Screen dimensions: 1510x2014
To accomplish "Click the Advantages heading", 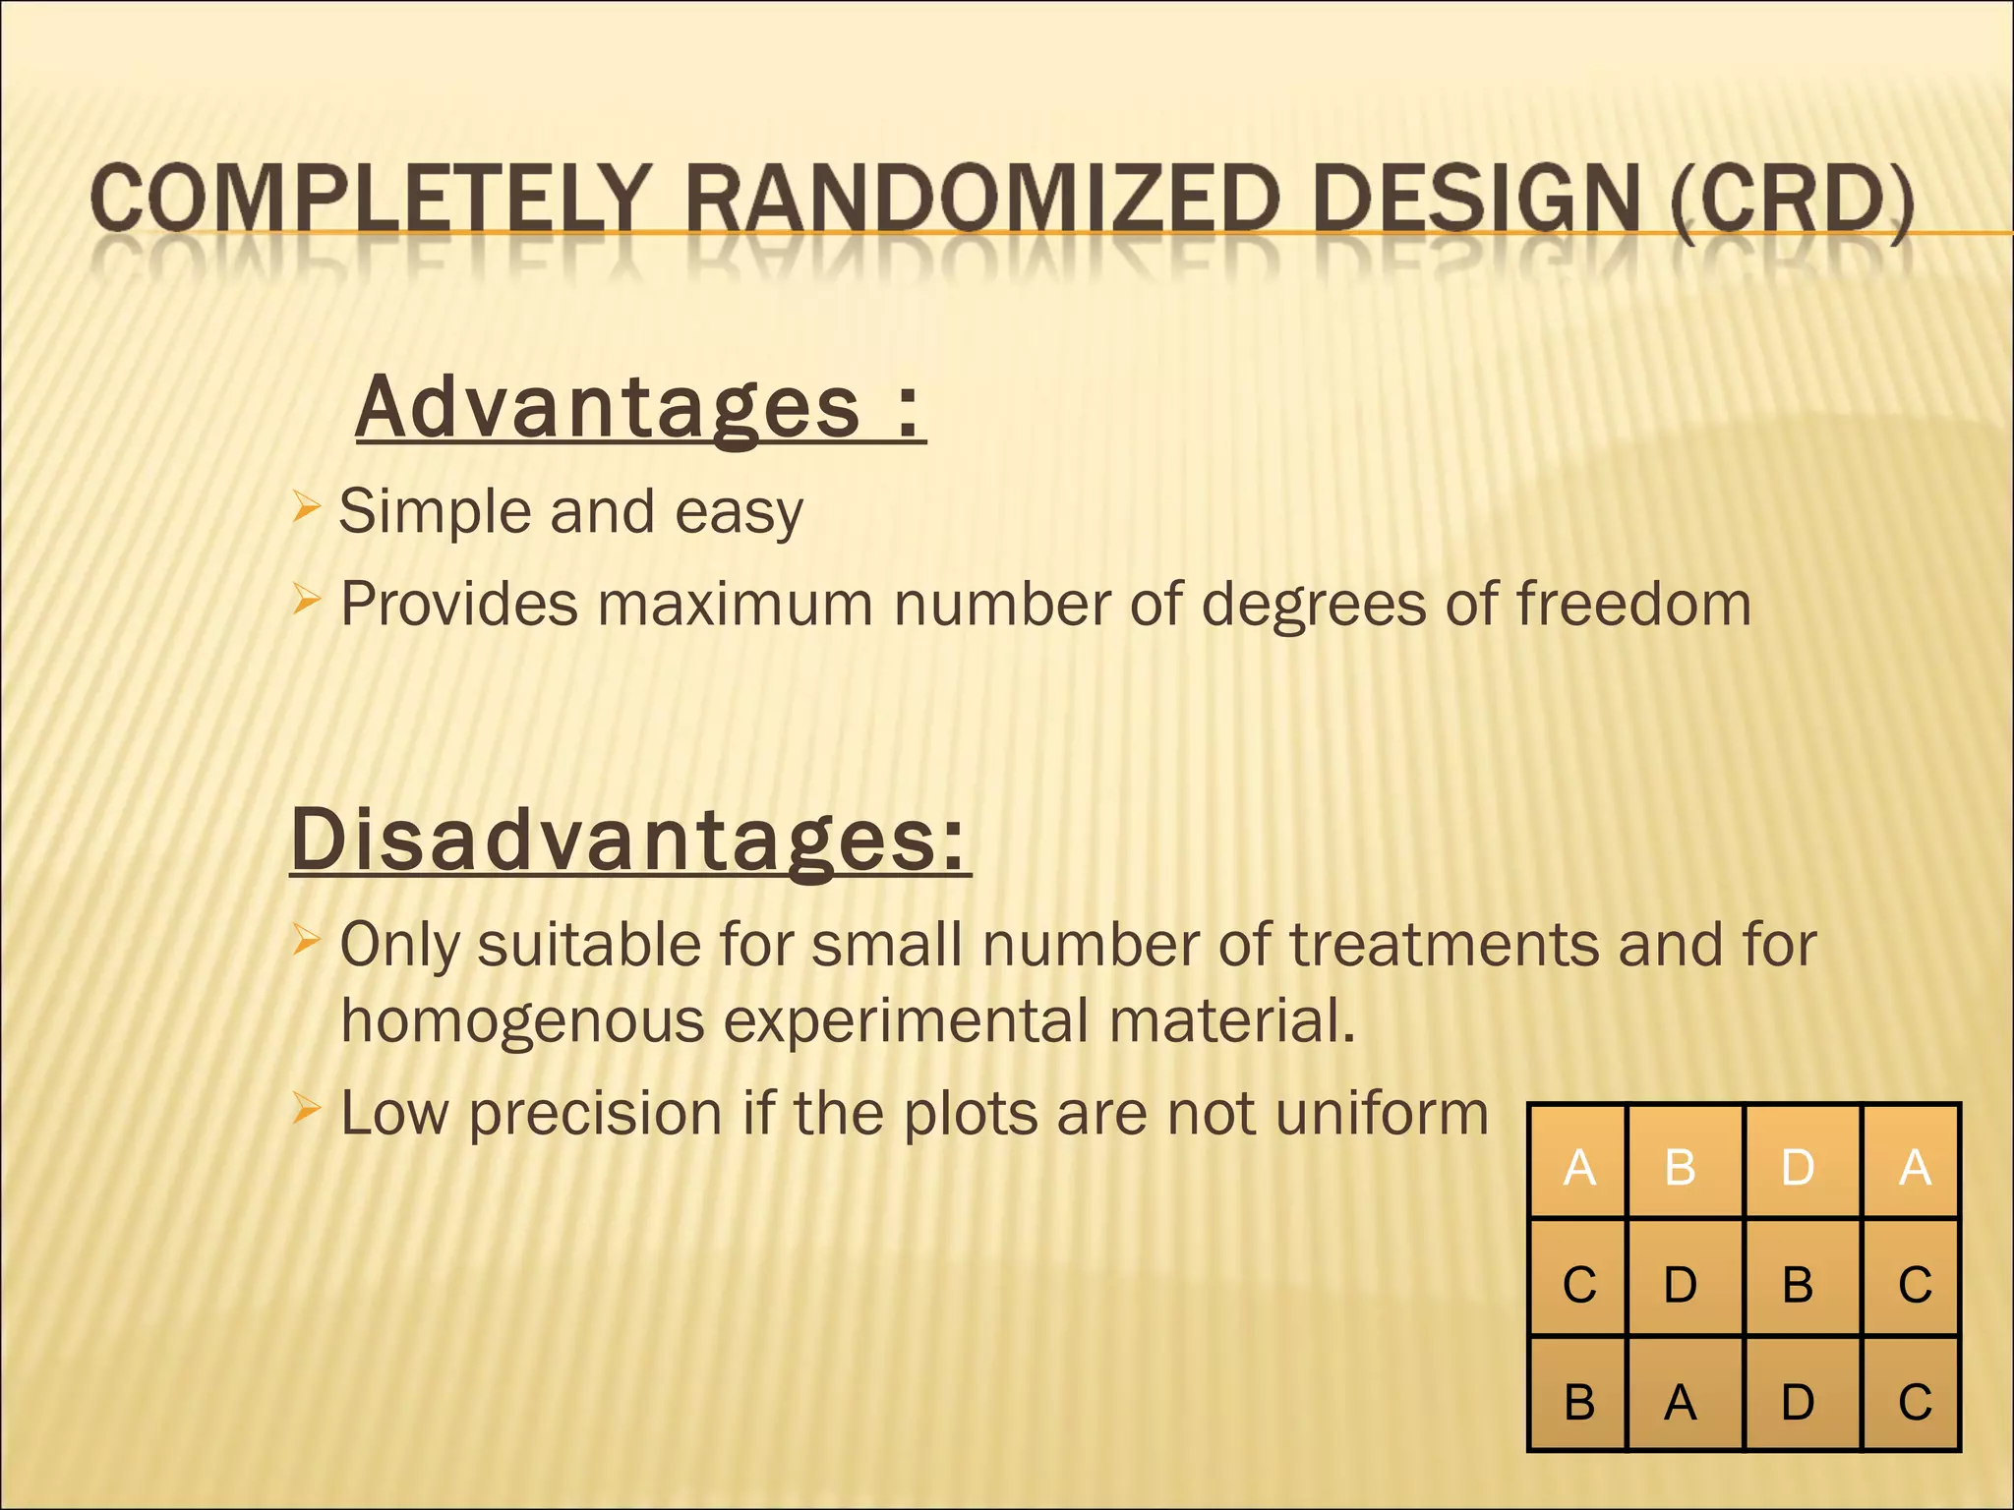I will click(640, 409).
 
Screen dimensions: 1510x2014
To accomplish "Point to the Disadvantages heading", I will click(630, 842).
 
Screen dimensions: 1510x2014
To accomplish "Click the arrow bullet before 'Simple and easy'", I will click(306, 509).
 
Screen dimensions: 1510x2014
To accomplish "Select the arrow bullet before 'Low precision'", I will click(306, 1110).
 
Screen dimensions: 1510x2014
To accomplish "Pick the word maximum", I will click(735, 604).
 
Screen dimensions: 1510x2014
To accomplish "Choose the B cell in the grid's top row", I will click(1681, 1167).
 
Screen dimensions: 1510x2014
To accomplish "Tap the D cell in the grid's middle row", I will click(1681, 1284).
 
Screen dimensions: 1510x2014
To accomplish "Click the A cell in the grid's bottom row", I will click(1681, 1402).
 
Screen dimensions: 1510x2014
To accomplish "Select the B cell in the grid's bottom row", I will click(1579, 1402).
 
